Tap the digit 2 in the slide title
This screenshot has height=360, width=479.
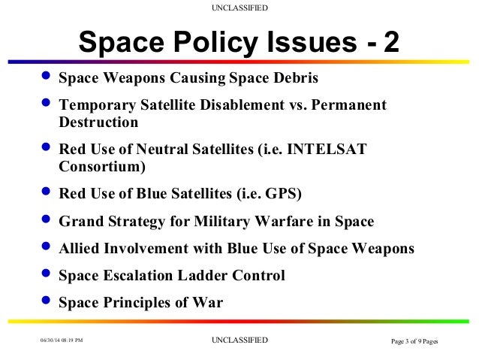click(x=391, y=44)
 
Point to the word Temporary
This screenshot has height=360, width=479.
click(x=95, y=104)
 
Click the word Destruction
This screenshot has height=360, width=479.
click(x=98, y=121)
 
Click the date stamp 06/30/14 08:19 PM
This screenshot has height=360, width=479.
click(x=62, y=341)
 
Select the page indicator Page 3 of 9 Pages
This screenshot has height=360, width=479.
click(x=414, y=342)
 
